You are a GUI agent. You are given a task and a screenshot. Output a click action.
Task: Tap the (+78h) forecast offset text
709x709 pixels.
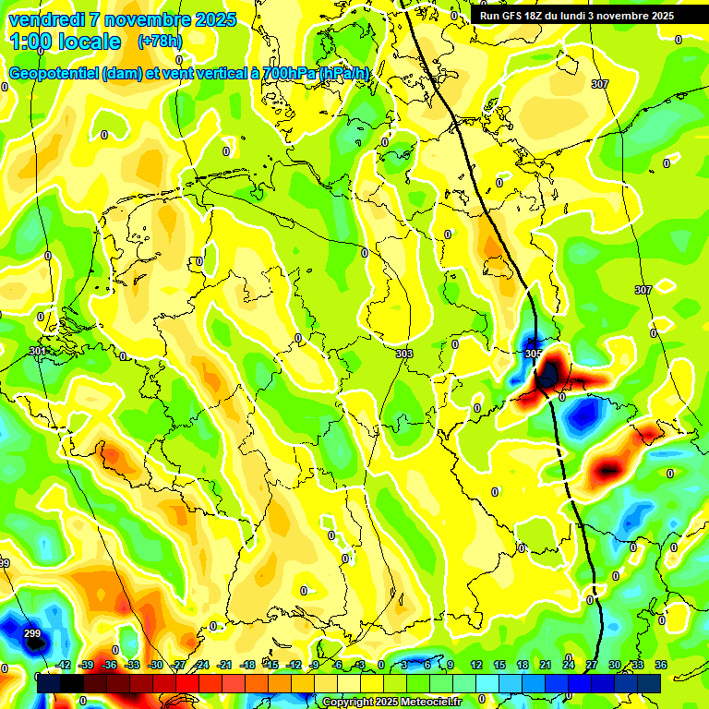pyautogui.click(x=160, y=42)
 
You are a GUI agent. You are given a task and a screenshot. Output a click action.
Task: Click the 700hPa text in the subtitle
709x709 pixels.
pyautogui.click(x=282, y=73)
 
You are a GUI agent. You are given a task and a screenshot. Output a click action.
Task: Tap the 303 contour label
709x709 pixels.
pyautogui.click(x=403, y=354)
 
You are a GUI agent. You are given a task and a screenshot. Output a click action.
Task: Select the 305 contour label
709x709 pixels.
pyautogui.click(x=533, y=354)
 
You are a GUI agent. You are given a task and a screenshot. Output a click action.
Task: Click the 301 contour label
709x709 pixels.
pyautogui.click(x=37, y=351)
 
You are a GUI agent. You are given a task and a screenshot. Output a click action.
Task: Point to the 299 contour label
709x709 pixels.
pyautogui.click(x=32, y=633)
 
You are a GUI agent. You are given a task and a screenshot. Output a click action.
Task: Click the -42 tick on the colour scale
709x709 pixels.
pyautogui.click(x=63, y=665)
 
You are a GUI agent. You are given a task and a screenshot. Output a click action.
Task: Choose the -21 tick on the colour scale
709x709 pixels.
pyautogui.click(x=224, y=665)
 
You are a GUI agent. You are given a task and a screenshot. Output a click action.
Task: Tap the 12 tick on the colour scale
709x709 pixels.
pyautogui.click(x=475, y=665)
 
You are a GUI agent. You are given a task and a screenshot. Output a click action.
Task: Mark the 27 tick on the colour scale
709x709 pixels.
pyautogui.click(x=591, y=665)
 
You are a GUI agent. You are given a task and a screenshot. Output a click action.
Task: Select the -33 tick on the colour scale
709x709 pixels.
pyautogui.click(x=132, y=665)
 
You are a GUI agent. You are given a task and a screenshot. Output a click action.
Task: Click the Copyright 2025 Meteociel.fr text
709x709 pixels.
pyautogui.click(x=391, y=703)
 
